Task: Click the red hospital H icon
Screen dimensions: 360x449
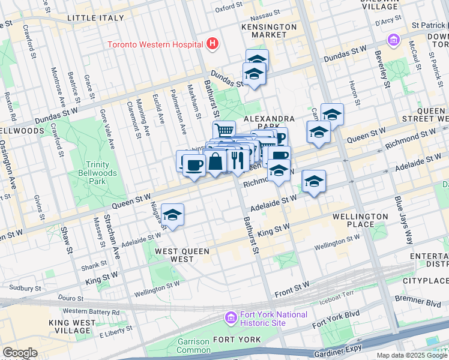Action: point(211,44)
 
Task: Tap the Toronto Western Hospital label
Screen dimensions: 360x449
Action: point(155,44)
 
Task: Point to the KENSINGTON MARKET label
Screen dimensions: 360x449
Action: point(269,31)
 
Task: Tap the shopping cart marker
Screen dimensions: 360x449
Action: point(224,130)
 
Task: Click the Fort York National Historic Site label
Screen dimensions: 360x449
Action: point(274,319)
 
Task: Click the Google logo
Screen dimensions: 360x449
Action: point(20,353)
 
